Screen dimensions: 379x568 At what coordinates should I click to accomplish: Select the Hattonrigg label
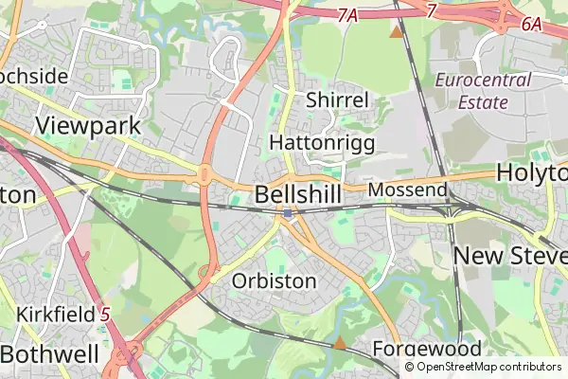click(x=322, y=142)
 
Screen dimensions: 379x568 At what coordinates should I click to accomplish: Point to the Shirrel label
click(x=337, y=101)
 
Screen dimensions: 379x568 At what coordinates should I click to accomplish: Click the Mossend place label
click(x=407, y=190)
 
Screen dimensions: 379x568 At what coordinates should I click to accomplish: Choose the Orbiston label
click(x=274, y=281)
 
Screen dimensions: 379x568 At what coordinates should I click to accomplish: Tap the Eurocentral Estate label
click(x=483, y=91)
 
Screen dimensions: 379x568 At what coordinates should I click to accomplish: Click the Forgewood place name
click(x=427, y=348)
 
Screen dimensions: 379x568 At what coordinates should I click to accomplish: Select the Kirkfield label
click(x=55, y=314)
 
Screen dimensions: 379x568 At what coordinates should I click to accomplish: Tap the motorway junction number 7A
click(x=347, y=15)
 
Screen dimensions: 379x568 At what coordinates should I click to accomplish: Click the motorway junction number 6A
click(x=531, y=26)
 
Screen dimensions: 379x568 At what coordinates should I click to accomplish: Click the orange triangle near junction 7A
click(x=396, y=31)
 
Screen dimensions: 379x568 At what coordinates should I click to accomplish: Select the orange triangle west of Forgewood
click(x=340, y=343)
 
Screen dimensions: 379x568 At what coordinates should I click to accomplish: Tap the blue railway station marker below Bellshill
click(x=288, y=215)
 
